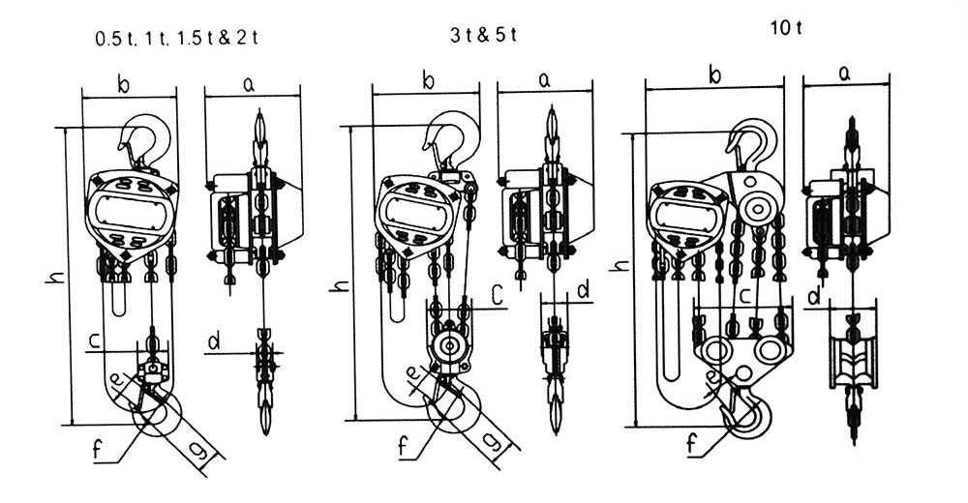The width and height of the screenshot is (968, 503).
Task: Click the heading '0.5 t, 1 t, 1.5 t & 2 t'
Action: tap(176, 38)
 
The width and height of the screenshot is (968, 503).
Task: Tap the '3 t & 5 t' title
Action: tap(484, 34)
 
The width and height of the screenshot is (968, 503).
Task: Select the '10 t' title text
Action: tap(786, 27)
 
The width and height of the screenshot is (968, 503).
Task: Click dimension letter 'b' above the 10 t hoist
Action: tap(716, 74)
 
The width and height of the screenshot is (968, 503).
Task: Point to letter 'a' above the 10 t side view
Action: tap(844, 72)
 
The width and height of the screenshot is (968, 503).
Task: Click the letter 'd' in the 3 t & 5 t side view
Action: tap(583, 289)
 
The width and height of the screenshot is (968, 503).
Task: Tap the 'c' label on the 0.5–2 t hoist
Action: tap(96, 340)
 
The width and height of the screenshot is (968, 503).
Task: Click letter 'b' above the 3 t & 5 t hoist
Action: tap(428, 81)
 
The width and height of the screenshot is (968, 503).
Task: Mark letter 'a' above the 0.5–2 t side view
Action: tap(248, 85)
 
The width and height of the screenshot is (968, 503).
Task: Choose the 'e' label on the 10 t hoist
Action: tap(712, 377)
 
